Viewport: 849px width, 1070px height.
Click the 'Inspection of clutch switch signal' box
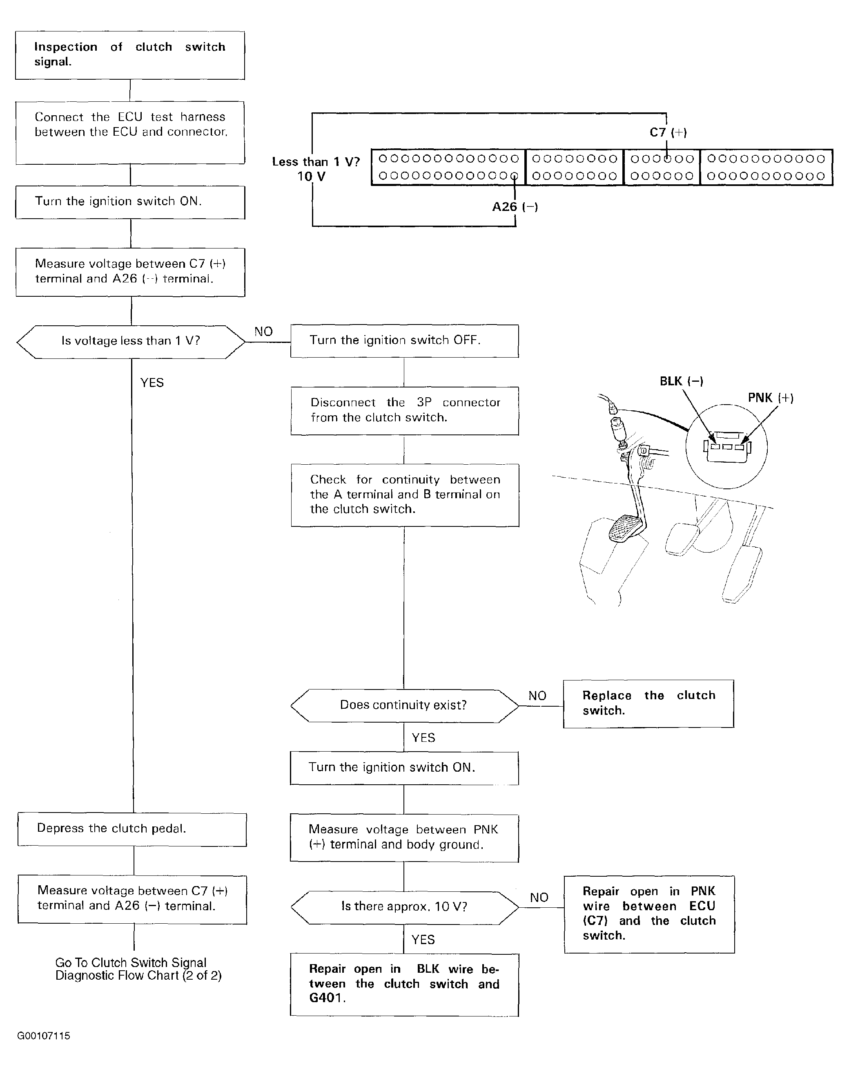click(x=130, y=55)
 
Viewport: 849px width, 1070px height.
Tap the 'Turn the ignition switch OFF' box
click(x=404, y=341)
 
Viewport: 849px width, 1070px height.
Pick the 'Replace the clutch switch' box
click(x=648, y=703)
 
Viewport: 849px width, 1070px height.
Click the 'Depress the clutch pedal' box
click(x=132, y=829)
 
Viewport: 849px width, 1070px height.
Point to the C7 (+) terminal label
click(x=668, y=132)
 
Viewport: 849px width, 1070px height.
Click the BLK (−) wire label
click(x=681, y=381)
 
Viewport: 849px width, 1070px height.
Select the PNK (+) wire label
click(x=770, y=398)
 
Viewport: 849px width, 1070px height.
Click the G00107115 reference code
click(x=44, y=1036)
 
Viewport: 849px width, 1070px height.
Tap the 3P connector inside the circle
click(x=727, y=447)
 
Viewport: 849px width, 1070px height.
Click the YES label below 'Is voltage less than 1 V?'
click(x=152, y=383)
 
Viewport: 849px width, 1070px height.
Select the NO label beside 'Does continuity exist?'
click(x=537, y=696)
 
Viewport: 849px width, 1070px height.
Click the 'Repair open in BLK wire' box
click(x=404, y=984)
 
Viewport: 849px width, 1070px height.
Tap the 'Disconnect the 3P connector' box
click(x=405, y=410)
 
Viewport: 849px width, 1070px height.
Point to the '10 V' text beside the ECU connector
click(x=311, y=177)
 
